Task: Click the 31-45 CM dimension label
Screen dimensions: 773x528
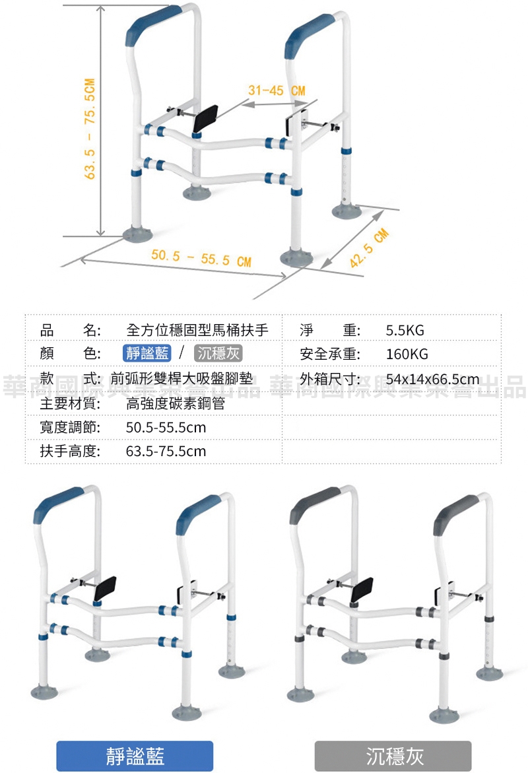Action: tap(277, 90)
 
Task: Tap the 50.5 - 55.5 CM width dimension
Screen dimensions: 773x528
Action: tap(201, 257)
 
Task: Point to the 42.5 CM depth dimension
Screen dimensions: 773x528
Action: tap(370, 248)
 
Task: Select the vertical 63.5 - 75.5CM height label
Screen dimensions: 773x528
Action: tap(90, 129)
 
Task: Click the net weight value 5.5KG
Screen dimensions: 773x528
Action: tap(405, 330)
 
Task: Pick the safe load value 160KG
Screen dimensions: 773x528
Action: tap(407, 354)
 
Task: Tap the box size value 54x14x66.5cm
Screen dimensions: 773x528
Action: tap(432, 379)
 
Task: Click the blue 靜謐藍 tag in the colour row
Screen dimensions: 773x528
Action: tap(147, 353)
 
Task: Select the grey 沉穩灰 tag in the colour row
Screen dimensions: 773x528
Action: tap(218, 353)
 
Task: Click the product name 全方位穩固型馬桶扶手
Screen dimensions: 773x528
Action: tap(197, 330)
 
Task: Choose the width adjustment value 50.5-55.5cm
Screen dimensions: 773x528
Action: tap(166, 428)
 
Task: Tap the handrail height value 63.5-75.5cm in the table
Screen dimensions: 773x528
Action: tap(166, 452)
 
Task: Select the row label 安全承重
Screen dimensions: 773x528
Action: tap(329, 354)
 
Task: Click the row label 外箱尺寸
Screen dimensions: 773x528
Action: tap(329, 379)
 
